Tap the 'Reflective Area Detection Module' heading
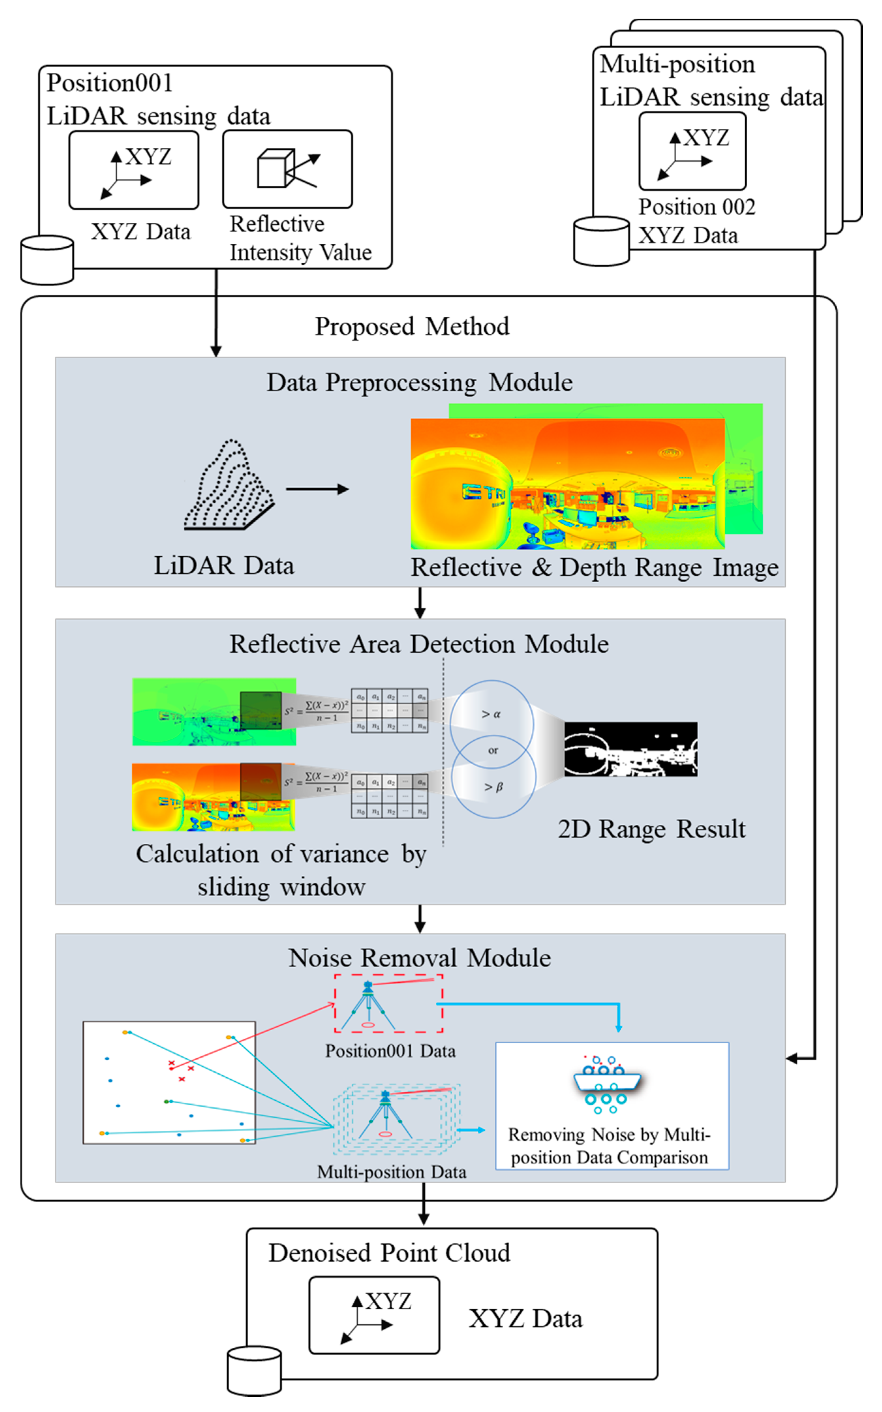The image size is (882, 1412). tap(419, 644)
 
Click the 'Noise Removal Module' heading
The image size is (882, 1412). tap(419, 958)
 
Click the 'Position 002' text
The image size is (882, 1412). tap(696, 207)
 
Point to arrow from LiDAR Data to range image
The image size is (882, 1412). tap(317, 489)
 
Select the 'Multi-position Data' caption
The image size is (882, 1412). tap(391, 1172)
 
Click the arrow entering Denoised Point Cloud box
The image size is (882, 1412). tap(423, 1212)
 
